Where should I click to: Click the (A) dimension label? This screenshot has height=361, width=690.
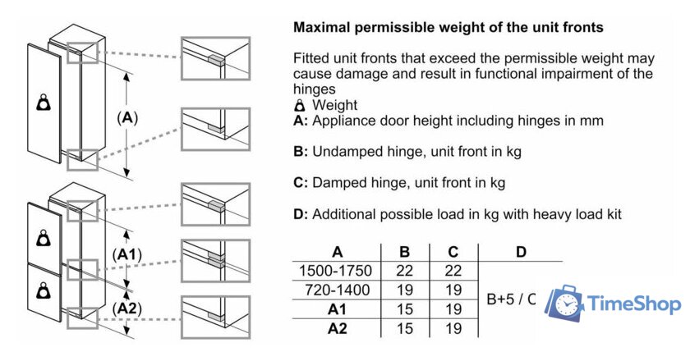coord(127,118)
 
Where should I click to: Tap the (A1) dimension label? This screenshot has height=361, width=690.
coord(127,254)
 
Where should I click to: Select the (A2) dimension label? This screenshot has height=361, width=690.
coord(127,308)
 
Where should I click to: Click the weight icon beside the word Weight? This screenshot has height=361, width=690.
coord(300,106)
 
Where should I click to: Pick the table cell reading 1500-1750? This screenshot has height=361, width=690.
coord(335,271)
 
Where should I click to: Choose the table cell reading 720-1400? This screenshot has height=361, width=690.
coord(337,290)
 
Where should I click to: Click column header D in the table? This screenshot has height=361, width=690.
coord(521,252)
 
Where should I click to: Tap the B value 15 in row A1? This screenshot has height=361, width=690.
coord(404,309)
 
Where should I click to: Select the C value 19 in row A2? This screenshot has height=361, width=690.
coord(453,328)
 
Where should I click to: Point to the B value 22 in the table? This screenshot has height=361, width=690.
coord(404,271)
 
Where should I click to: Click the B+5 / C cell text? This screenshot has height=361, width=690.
coord(511,299)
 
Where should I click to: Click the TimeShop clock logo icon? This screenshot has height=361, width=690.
coord(564,303)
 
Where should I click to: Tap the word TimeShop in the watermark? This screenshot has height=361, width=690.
coord(634,304)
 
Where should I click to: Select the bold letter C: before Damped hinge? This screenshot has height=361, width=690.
coord(301,182)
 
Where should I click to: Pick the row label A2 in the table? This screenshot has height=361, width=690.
coord(337,328)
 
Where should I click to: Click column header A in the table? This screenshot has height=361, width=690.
coord(337,252)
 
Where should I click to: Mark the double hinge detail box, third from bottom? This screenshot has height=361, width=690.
coord(215,261)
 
